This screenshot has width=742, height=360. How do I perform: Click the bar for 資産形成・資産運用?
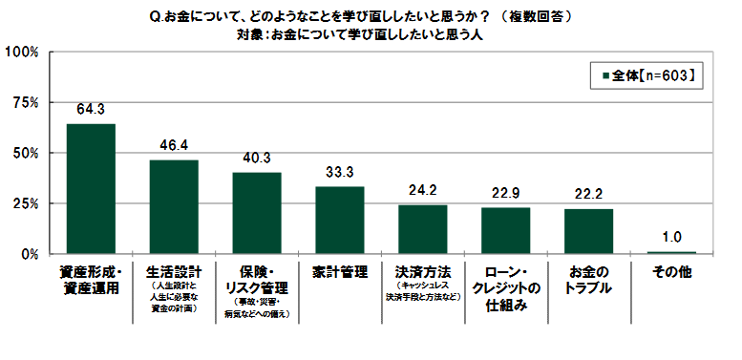pos(91,189)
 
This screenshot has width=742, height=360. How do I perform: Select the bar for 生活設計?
pos(174,207)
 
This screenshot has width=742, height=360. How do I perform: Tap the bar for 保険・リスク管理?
pos(257,213)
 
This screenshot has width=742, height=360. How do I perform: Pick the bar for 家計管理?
pos(340,221)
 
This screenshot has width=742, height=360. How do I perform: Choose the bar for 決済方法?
pos(423,230)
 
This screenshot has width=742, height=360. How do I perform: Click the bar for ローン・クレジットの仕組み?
pos(506,231)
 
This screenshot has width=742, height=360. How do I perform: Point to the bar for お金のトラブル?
pos(589,232)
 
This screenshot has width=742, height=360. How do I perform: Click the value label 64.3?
pos(91,110)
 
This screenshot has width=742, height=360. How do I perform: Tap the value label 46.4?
pos(174,146)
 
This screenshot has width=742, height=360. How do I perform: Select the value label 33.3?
pos(340,173)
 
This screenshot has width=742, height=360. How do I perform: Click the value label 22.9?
pos(506,194)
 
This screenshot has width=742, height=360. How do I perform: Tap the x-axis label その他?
pos(671,272)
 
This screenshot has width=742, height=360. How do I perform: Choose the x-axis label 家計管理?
pos(340,272)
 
